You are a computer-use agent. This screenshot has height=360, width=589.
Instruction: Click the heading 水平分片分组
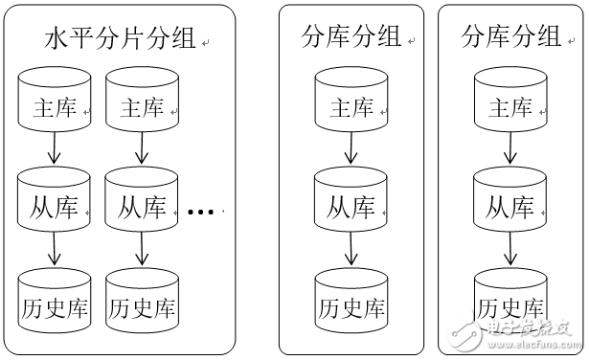click(x=120, y=39)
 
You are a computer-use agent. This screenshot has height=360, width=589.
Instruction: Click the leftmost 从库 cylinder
click(x=55, y=203)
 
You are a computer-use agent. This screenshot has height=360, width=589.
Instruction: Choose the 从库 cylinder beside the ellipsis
click(x=142, y=203)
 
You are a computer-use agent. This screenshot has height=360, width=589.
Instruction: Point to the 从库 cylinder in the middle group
click(x=351, y=203)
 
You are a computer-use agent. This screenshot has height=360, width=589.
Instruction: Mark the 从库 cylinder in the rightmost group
click(x=510, y=203)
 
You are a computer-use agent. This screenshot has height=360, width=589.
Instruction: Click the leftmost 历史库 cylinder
click(x=55, y=304)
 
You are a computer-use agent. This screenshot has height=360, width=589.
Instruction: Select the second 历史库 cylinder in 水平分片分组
click(x=142, y=304)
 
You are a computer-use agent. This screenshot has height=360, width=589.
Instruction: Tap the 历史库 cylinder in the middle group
click(x=351, y=304)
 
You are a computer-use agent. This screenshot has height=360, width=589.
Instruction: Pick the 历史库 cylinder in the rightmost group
click(x=510, y=304)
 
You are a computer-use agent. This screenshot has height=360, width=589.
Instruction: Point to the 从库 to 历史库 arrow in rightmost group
click(x=510, y=251)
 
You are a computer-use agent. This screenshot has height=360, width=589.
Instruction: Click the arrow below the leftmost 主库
click(x=55, y=148)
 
